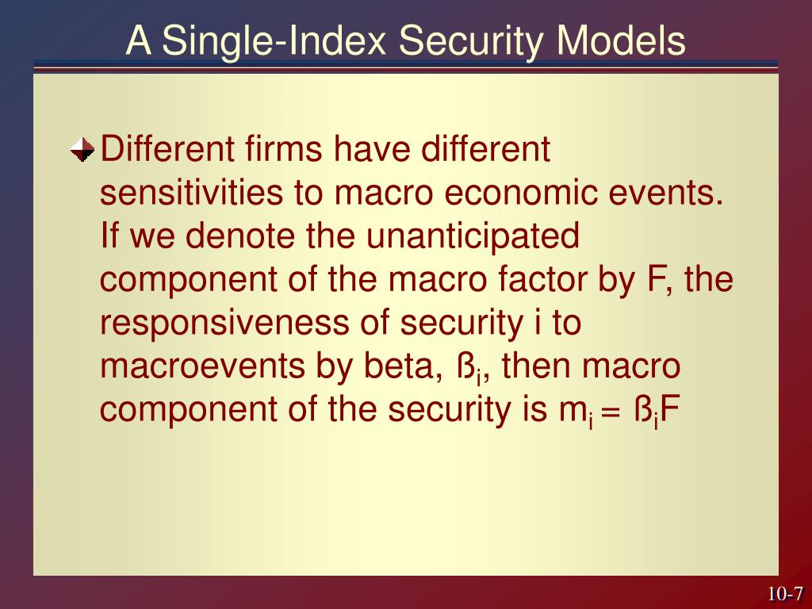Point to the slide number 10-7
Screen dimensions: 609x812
[784, 594]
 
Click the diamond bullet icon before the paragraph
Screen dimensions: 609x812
[82, 148]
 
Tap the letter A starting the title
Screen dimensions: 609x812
[139, 41]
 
